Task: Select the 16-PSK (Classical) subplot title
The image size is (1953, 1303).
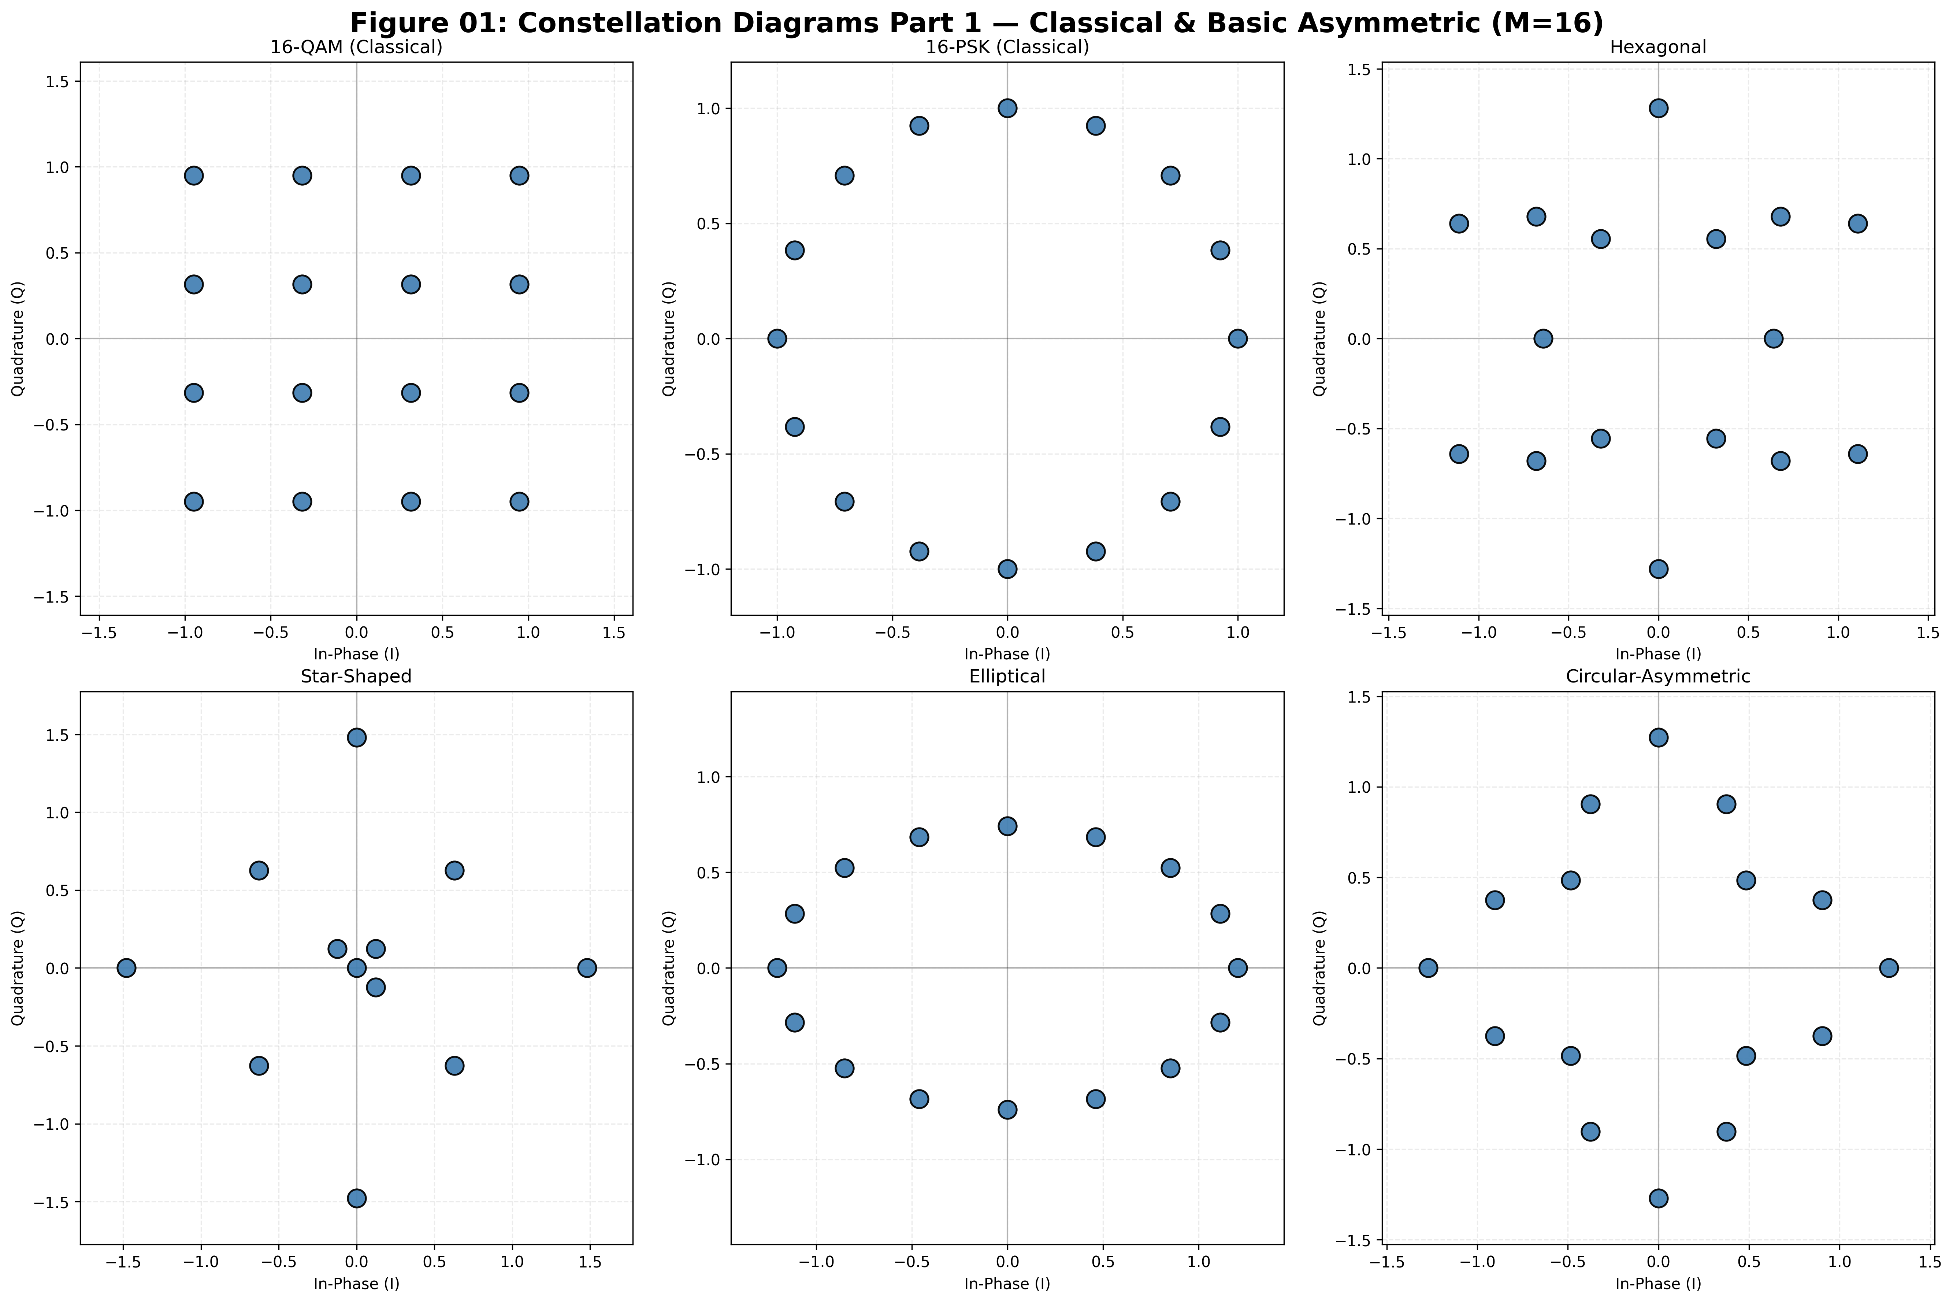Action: (1007, 47)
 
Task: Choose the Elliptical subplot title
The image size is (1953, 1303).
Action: (1007, 677)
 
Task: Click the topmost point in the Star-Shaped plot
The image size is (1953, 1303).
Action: (356, 737)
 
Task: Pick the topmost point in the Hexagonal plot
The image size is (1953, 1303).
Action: (1658, 108)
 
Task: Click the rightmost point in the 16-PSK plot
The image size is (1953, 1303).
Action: (1238, 338)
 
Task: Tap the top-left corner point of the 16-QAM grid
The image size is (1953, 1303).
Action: (194, 175)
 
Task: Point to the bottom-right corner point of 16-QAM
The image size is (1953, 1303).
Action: (519, 501)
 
